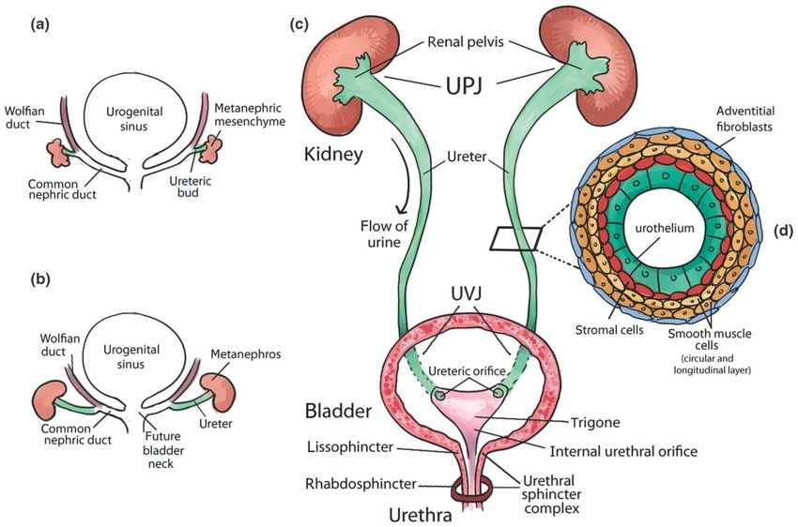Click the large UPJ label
tap(464, 87)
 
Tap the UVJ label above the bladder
tap(467, 294)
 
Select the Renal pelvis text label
tap(466, 41)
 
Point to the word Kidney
tap(333, 154)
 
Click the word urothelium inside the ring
tap(665, 228)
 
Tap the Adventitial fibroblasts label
tap(744, 118)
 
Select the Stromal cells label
tap(609, 330)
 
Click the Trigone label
tap(594, 422)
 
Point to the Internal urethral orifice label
tap(623, 451)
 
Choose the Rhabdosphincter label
tap(361, 484)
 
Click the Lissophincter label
tap(351, 447)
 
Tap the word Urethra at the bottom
tap(421, 516)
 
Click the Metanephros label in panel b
tap(246, 354)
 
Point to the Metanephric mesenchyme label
tap(250, 114)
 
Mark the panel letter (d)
tap(783, 232)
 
